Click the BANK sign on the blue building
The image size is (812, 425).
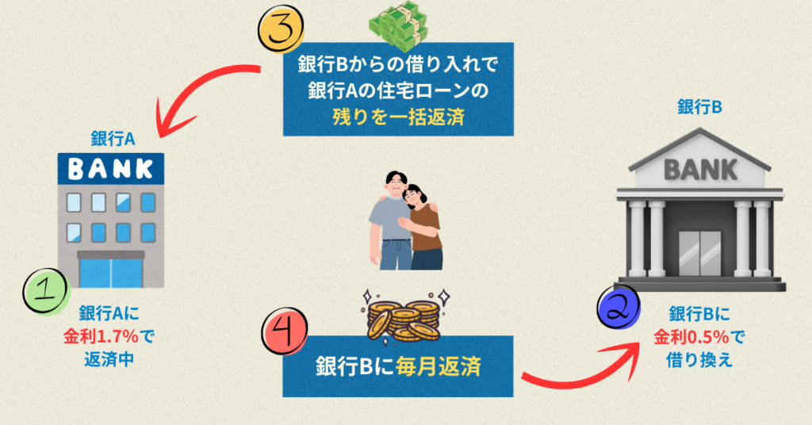[111, 167]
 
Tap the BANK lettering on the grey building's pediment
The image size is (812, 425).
[699, 168]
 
